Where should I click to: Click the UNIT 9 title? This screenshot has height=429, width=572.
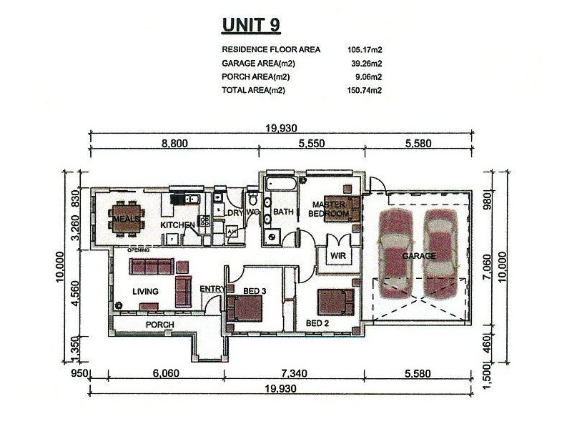pyautogui.click(x=251, y=25)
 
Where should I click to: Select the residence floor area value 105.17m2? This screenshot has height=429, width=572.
pyautogui.click(x=365, y=49)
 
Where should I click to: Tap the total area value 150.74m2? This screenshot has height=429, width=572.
pyautogui.click(x=365, y=90)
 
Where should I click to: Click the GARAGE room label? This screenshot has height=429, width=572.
pyautogui.click(x=419, y=256)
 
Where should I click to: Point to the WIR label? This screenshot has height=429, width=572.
pyautogui.click(x=337, y=255)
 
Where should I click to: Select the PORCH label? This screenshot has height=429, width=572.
pyautogui.click(x=159, y=325)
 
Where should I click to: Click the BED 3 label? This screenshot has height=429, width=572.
pyautogui.click(x=255, y=291)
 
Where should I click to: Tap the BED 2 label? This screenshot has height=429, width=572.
pyautogui.click(x=317, y=323)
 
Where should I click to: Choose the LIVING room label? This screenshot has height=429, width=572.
pyautogui.click(x=145, y=291)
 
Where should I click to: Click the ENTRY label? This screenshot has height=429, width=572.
pyautogui.click(x=212, y=289)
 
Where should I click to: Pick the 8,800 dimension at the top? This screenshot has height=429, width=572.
pyautogui.click(x=174, y=144)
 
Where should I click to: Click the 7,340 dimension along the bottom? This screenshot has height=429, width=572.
pyautogui.click(x=294, y=373)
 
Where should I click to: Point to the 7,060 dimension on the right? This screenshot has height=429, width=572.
pyautogui.click(x=486, y=267)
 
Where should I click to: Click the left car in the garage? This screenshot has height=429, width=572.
pyautogui.click(x=396, y=254)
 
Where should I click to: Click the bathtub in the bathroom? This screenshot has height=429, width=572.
pyautogui.click(x=281, y=184)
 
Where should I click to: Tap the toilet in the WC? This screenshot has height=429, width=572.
pyautogui.click(x=252, y=199)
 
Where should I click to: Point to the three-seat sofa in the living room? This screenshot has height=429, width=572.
pyautogui.click(x=152, y=266)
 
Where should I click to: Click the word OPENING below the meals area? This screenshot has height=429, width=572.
pyautogui.click(x=138, y=250)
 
